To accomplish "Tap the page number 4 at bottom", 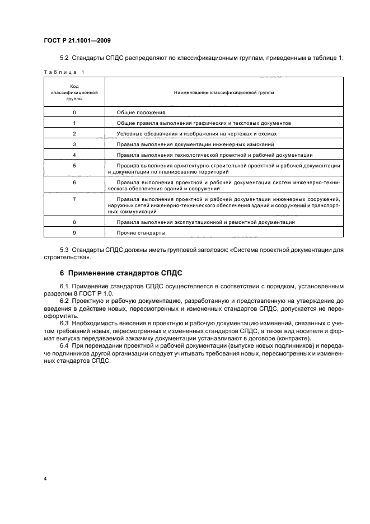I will tap(45, 479).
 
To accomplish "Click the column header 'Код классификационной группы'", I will tap(74, 91).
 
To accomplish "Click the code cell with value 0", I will tap(74, 112).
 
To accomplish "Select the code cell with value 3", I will tap(74, 144).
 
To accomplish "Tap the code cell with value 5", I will tap(74, 166).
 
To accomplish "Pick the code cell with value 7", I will tap(74, 199).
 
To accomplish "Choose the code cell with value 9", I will tap(74, 232).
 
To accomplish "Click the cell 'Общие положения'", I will tap(138, 112).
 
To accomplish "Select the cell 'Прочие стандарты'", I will tap(140, 232).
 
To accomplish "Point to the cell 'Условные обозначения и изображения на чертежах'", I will tap(196, 133).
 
